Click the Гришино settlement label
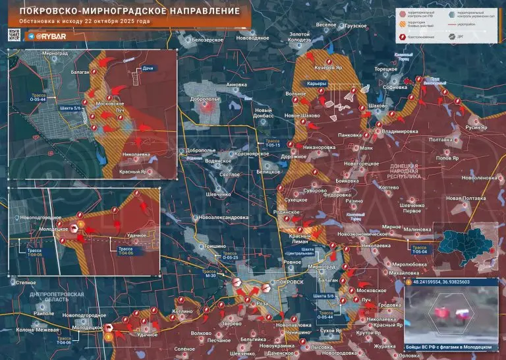tap(215, 245)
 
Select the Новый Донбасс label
tap(264, 113)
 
